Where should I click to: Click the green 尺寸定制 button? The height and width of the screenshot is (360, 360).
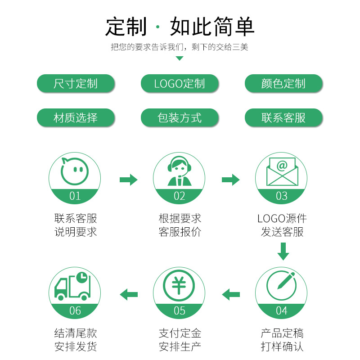pos(75,83)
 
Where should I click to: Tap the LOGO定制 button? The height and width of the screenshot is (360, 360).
pos(180,83)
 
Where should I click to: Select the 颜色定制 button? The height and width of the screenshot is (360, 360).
pos(283,83)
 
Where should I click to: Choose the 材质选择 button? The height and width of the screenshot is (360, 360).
pos(75,118)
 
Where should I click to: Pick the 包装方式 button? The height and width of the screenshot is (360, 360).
pos(180,118)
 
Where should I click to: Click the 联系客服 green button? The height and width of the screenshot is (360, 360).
pos(283,118)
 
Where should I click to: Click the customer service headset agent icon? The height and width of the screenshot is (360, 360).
pos(179,171)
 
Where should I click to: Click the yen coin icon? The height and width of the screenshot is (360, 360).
pos(179,285)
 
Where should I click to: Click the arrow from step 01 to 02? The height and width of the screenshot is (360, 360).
pos(128,180)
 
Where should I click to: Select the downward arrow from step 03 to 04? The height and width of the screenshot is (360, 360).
pos(283,251)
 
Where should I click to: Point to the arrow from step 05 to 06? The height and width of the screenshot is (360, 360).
pos(129,295)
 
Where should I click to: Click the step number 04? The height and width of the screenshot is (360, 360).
pos(282,310)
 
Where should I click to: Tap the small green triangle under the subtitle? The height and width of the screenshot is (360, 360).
pos(179,58)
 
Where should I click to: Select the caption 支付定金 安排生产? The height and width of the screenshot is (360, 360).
pos(180,340)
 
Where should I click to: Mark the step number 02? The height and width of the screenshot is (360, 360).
pos(179,196)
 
